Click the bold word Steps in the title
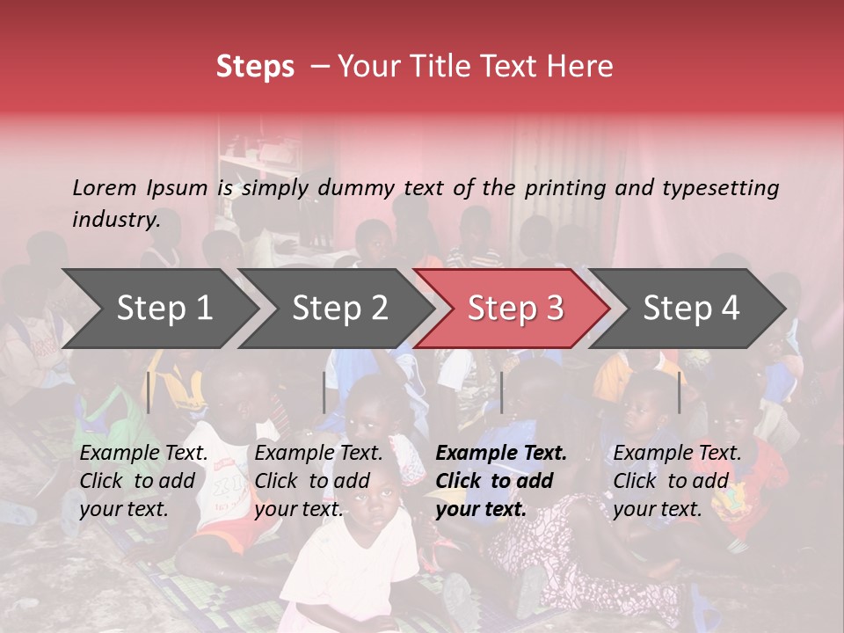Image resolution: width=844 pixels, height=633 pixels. tap(255, 67)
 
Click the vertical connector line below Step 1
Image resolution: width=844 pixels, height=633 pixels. tap(149, 392)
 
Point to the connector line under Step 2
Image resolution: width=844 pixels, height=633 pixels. tap(324, 392)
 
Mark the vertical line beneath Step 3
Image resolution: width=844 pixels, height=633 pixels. tap(501, 392)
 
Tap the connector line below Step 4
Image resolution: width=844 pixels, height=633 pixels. tap(680, 392)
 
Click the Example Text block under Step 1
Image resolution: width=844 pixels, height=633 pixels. tap(144, 481)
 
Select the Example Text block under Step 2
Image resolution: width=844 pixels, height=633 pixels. tap(318, 481)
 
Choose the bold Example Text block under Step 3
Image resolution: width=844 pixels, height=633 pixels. tap(501, 481)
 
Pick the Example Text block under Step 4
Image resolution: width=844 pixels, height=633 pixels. tap(677, 481)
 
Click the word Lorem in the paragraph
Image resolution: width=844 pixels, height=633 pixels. tap(105, 187)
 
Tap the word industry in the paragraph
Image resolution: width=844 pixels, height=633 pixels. tap(115, 220)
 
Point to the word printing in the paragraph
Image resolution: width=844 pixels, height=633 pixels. tap(563, 188)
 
